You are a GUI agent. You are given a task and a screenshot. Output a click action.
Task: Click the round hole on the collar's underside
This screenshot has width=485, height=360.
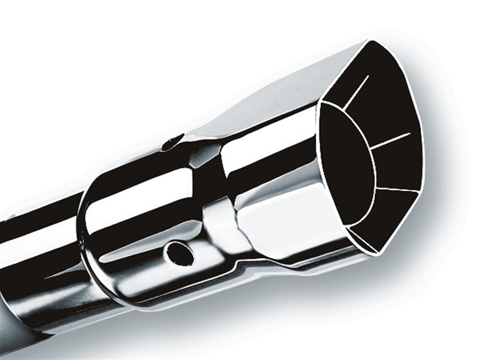pyautogui.click(x=179, y=253)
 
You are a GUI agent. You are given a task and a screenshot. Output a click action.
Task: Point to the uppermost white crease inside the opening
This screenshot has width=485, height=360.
pyautogui.click(x=356, y=91)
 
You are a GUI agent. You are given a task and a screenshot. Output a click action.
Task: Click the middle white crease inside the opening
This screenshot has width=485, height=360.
pyautogui.click(x=390, y=140)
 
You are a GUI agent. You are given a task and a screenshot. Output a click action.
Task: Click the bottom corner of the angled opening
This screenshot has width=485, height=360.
pyautogui.click(x=378, y=252)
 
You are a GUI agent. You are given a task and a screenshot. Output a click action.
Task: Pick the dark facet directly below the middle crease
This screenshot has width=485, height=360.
pyautogui.click(x=395, y=165)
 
